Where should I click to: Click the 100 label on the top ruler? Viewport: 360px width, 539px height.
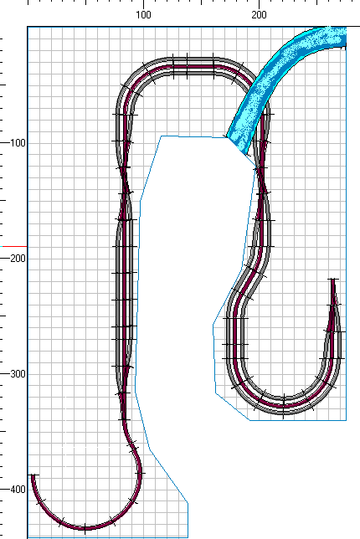pos(143,15)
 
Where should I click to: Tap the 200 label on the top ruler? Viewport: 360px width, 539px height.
pos(259,15)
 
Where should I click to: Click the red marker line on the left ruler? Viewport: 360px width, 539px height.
pos(13,246)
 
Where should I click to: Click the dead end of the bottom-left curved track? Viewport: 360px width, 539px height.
pos(33,475)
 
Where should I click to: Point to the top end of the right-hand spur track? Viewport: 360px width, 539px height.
pos(332,280)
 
